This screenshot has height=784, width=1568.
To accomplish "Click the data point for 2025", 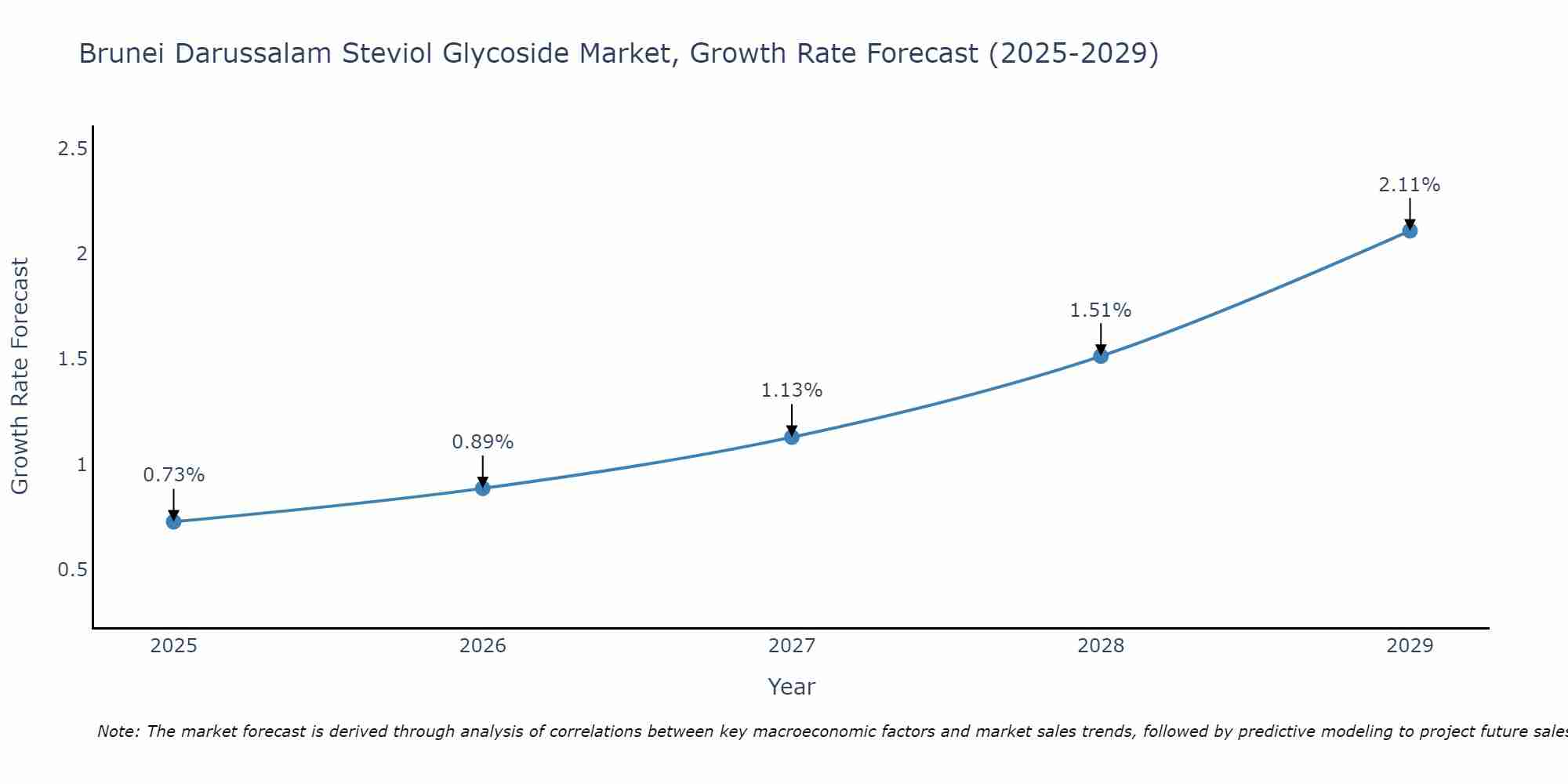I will tap(173, 521).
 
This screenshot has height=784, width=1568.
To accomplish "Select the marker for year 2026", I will tap(482, 488).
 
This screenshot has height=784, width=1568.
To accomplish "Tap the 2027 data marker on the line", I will tap(791, 437).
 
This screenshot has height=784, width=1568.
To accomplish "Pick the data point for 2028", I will tap(1100, 356).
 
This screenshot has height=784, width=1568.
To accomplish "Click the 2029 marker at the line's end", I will tap(1409, 230).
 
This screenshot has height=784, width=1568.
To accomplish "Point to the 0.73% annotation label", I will tap(173, 475).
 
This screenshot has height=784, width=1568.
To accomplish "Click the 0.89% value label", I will tap(482, 442).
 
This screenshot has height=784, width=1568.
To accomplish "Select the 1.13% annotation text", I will tap(791, 390).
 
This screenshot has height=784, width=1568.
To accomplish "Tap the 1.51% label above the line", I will tap(1100, 310).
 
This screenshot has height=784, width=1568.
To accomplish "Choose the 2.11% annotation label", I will tap(1409, 185).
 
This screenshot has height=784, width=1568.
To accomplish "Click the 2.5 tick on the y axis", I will tap(72, 148).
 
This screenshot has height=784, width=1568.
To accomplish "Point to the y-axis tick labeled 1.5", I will tap(72, 359).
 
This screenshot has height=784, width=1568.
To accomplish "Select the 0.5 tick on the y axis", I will tap(72, 570).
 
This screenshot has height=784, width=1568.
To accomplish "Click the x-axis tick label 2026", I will tap(482, 646).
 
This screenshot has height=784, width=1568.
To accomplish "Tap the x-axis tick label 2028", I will tap(1100, 646).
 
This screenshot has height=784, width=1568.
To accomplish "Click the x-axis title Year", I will tap(791, 687).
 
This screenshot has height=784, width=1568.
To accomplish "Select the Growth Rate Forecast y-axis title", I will tap(20, 376).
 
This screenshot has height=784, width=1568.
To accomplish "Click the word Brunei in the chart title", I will tap(122, 54).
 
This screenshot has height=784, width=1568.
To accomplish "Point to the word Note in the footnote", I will tap(117, 731).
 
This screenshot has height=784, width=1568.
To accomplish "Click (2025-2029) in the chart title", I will tap(1073, 54).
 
